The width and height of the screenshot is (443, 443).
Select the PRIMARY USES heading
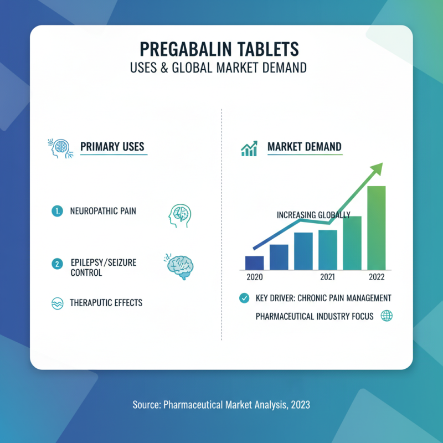[112, 147]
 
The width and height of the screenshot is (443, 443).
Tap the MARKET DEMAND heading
[304, 147]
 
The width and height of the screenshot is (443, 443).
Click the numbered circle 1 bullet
[56, 210]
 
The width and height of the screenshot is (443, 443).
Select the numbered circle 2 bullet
[56, 264]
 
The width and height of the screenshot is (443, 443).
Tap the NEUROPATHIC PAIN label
[103, 211]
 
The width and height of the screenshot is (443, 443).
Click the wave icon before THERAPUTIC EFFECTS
[56, 303]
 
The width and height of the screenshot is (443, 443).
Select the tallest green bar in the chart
[376, 227]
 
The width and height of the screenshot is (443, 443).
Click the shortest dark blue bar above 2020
[254, 262]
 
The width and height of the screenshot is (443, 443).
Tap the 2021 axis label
[327, 277]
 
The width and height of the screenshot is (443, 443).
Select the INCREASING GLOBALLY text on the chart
[313, 215]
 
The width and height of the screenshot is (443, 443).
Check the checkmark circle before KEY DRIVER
[244, 298]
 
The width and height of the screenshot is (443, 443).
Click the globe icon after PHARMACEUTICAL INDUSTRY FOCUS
[387, 316]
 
